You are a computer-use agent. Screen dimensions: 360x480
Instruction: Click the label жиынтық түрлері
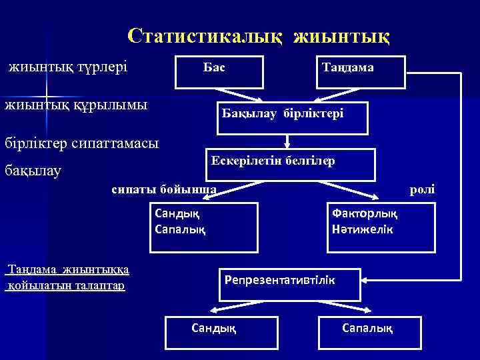(67, 67)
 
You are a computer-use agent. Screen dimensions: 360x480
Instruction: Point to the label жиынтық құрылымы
(76, 105)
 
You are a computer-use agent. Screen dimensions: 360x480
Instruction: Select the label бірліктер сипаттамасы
(82, 143)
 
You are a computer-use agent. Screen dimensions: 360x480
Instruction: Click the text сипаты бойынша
(164, 189)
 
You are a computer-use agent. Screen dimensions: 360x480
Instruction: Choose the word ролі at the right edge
(422, 189)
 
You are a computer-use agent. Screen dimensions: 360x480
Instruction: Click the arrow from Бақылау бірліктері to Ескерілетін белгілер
(287, 140)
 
